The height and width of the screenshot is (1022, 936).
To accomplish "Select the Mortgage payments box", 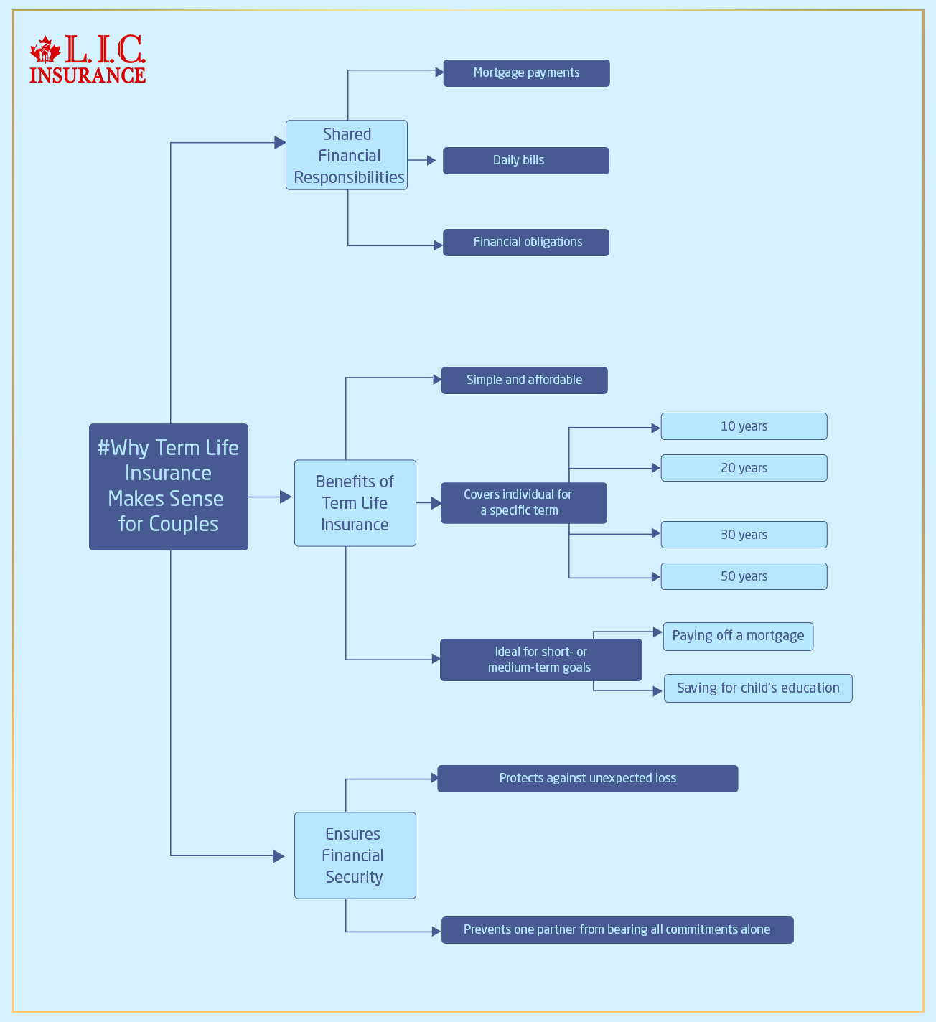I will pos(526,73).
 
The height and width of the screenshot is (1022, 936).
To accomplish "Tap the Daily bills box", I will pos(525,161).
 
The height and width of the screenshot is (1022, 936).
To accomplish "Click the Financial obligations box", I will pos(525,243).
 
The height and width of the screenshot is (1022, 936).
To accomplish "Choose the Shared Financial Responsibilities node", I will pos(347,155).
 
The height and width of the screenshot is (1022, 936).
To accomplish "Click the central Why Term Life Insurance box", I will pos(169,487).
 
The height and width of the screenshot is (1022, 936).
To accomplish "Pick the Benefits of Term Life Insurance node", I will pos(355,503).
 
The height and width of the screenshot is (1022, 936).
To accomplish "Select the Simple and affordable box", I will pos(524,380).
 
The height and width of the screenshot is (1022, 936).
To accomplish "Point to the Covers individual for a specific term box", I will pos(523,503).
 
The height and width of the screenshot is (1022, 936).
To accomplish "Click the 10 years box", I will pos(744,426).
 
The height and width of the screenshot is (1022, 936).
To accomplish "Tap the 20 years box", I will pos(744,468).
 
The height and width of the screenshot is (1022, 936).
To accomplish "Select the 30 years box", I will pos(744,535).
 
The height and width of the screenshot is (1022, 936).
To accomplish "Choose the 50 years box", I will pos(744,576).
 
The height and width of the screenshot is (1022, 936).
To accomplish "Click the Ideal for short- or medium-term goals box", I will pos(540,660).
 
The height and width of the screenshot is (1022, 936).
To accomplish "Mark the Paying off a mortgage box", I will pos(738,637).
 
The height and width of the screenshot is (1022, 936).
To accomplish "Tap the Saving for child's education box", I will pos(758,688).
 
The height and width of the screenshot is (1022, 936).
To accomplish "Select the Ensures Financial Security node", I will pos(355,855).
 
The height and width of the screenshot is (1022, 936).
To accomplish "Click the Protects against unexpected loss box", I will pos(587,779).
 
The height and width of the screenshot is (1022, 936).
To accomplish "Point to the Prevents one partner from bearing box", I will pos(617,930).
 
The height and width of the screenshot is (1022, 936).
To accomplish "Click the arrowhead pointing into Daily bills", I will pos(431,161).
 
